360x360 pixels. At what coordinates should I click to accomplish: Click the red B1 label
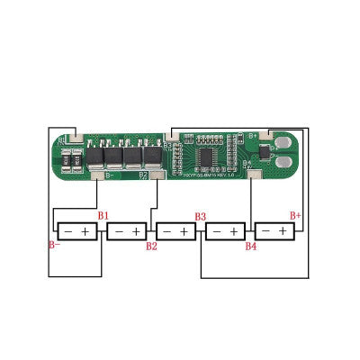(x=103, y=216)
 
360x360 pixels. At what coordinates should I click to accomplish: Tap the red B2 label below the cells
(x=151, y=246)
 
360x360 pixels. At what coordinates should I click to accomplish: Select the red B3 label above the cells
(x=200, y=217)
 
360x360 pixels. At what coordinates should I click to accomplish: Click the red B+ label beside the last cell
(x=294, y=216)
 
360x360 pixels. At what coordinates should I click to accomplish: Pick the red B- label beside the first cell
(x=53, y=245)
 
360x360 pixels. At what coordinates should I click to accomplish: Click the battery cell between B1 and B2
(x=126, y=231)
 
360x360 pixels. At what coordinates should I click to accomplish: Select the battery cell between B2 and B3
(x=175, y=231)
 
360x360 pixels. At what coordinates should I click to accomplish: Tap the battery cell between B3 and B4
(x=225, y=231)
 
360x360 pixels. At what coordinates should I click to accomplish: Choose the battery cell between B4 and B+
(x=274, y=231)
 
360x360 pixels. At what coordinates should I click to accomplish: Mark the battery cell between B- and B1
(x=77, y=231)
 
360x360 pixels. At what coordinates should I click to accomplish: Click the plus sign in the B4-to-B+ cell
(x=283, y=231)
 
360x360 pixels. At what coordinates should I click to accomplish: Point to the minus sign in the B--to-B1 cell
(x=68, y=231)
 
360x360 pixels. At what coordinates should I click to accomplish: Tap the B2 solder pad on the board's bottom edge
(x=157, y=175)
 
